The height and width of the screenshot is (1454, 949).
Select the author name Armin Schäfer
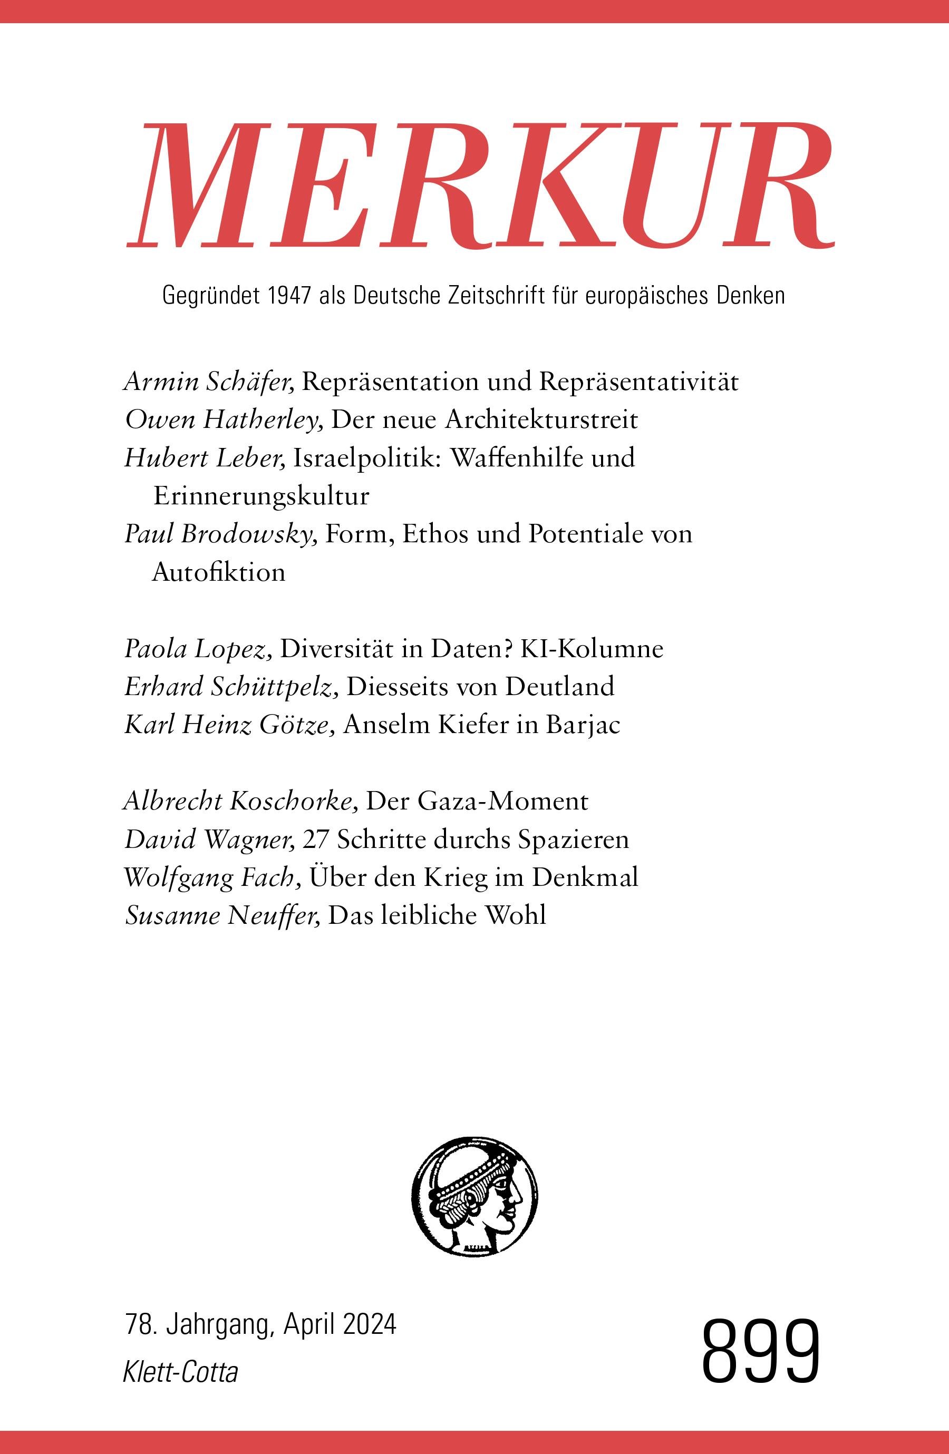pos(210,383)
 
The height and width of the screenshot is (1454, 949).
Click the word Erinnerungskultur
pos(261,496)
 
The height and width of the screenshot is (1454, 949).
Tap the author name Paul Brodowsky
pos(220,534)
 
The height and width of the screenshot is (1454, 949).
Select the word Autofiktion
pos(218,572)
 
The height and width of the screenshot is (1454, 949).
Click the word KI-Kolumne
pos(592,649)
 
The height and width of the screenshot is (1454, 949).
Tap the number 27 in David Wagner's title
pos(315,840)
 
